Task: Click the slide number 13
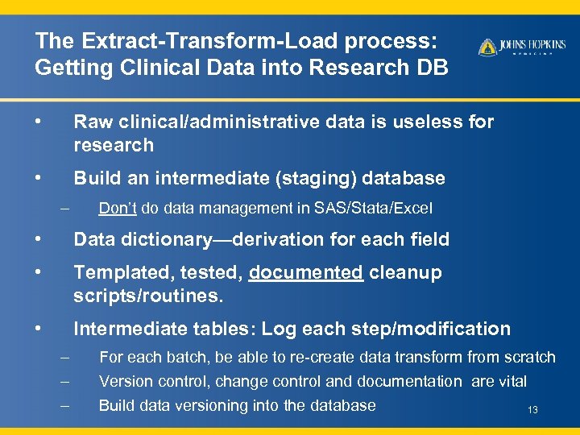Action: [x=532, y=411]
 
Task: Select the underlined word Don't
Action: [x=117, y=209]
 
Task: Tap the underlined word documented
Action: [x=306, y=272]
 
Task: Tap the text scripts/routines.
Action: [x=147, y=296]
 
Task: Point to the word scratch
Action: [x=528, y=357]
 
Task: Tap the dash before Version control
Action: [x=64, y=381]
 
